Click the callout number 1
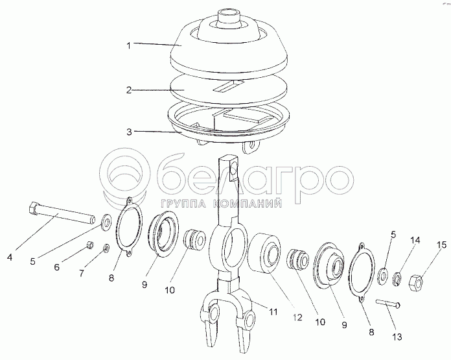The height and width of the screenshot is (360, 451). coord(129,45)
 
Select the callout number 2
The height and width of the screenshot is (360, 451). coord(129,90)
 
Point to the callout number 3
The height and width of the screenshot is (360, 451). coord(129,132)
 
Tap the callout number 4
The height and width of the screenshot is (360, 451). coord(10,257)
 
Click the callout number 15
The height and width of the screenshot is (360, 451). coord(443,245)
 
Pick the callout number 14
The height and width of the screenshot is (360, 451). coord(415,240)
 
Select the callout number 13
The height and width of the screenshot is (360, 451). coord(397,337)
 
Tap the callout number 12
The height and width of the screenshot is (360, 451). coord(297,317)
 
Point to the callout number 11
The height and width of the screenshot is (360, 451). coord(273,311)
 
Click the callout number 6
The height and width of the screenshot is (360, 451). coord(57,267)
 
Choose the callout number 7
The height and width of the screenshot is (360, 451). coord(82,273)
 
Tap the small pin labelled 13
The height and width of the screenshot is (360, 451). coord(388,304)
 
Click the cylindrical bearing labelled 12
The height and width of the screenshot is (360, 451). coord(264,254)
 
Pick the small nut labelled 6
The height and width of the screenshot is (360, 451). coord(90,245)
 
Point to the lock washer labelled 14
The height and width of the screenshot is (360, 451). coord(397,279)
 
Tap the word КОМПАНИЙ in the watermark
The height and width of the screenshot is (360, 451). coord(248,204)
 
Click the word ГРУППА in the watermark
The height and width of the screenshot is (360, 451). coord(185,204)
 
